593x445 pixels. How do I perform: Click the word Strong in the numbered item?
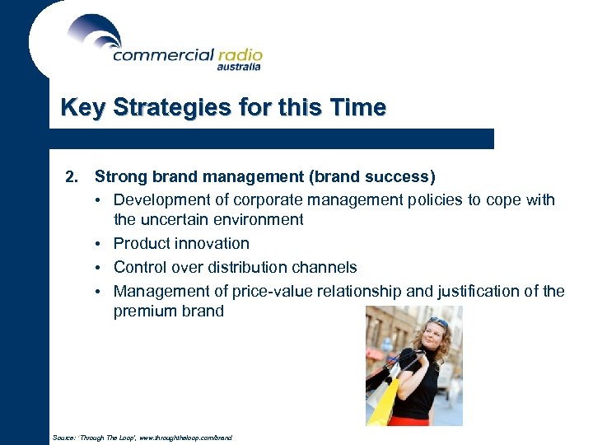119,176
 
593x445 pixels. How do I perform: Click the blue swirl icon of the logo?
95,33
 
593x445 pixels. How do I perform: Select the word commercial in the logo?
161,55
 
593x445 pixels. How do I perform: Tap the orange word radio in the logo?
239,55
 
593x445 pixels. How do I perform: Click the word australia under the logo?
238,68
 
